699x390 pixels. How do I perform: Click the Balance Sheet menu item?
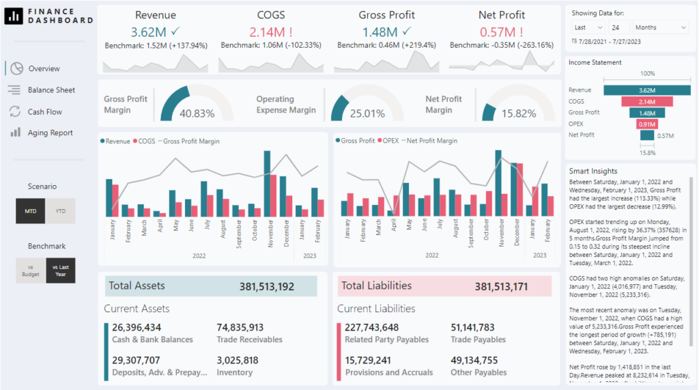[x=51, y=90]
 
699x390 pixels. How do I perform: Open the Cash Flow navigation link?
[x=44, y=112]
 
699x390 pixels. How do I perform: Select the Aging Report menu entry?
[x=50, y=133]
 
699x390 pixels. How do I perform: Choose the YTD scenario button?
[x=61, y=212]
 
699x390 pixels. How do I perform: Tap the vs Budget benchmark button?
[x=31, y=271]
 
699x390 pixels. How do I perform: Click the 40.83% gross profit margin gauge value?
[x=197, y=113]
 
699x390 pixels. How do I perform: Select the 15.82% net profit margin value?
[x=519, y=113]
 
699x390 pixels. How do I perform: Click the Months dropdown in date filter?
[x=660, y=27]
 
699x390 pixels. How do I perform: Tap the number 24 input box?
[x=620, y=27]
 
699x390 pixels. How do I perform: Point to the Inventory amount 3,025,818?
[x=238, y=361]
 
